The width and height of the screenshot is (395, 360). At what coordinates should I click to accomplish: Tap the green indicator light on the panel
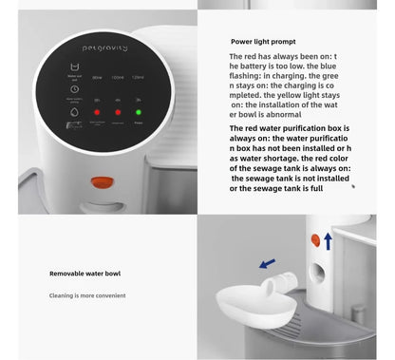139,112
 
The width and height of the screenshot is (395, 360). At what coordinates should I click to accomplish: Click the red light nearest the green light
118,112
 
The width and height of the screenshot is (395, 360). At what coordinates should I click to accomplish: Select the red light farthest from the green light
95,112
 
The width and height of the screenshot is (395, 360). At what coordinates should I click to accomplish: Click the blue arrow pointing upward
328,241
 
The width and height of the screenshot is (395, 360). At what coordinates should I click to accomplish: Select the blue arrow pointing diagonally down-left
268,262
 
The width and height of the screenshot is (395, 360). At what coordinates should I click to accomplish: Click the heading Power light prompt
263,42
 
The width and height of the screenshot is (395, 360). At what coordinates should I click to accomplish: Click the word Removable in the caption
66,274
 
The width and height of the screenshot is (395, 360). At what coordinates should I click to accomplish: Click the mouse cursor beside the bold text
353,186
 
